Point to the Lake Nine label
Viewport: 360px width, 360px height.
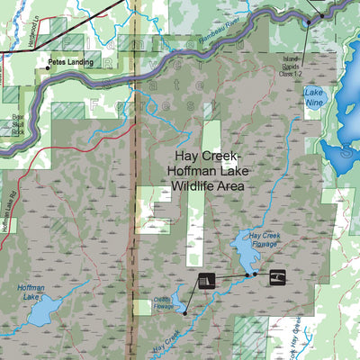[x=314, y=96]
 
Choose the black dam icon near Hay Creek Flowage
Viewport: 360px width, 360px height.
[x=206, y=281]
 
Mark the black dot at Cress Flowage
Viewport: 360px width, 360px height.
[x=184, y=313]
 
